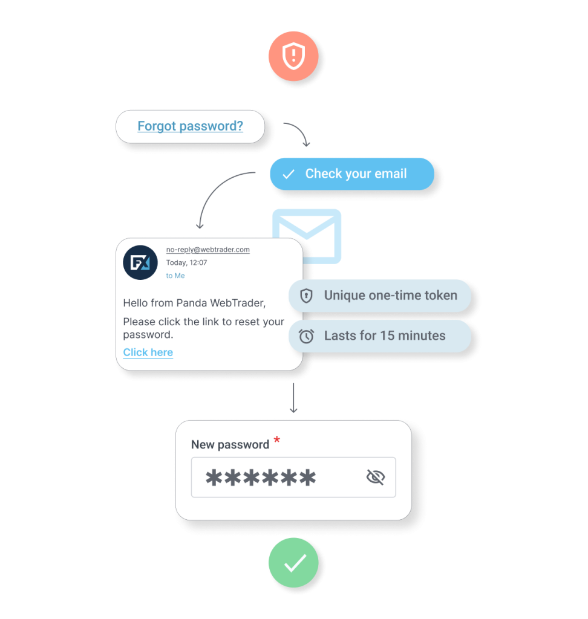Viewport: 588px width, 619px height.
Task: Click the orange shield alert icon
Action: pos(293,56)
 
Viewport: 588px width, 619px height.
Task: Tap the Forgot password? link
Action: pos(190,126)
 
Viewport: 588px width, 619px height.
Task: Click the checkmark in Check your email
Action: pos(289,174)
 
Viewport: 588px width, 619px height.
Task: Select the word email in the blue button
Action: pos(390,173)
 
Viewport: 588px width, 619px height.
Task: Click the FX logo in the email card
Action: pos(140,262)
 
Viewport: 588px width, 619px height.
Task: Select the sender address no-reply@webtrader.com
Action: pos(208,250)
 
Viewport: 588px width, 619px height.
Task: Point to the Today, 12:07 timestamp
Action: pos(186,262)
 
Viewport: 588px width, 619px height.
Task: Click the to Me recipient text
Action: pos(175,276)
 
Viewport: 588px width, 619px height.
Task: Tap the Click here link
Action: pos(148,352)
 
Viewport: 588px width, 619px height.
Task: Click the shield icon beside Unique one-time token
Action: pos(306,296)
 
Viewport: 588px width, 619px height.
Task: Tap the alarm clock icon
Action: pos(306,336)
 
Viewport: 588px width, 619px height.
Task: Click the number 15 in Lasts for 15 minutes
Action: pos(387,335)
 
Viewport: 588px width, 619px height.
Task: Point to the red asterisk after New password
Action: pos(277,439)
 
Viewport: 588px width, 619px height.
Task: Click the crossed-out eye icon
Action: pos(376,478)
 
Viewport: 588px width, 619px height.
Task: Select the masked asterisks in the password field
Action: pos(261,478)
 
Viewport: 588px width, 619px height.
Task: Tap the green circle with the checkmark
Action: pos(293,563)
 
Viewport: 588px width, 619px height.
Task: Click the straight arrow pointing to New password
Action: pos(293,398)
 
